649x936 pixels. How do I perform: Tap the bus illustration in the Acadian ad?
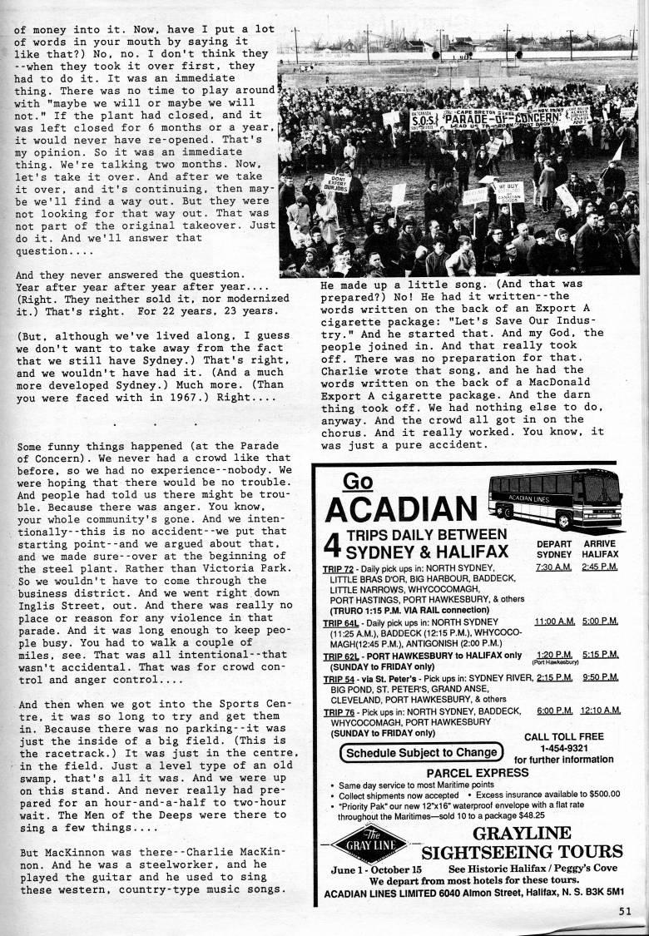pyautogui.click(x=555, y=497)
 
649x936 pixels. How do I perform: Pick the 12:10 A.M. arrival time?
pyautogui.click(x=601, y=710)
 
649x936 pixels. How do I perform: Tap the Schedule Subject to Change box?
pyautogui.click(x=422, y=752)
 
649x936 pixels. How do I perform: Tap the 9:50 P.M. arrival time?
pyautogui.click(x=601, y=678)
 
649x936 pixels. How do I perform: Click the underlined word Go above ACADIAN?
pyautogui.click(x=357, y=481)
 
